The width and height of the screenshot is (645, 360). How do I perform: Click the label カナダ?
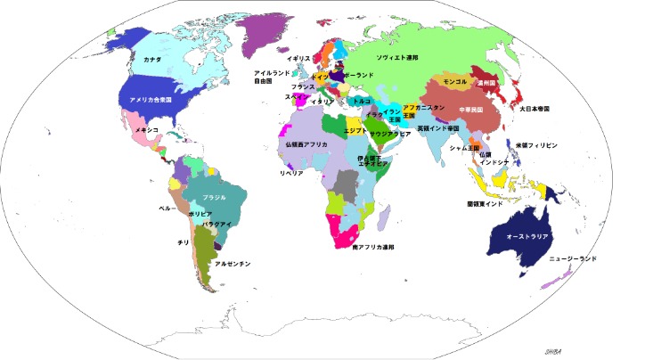click(x=151, y=59)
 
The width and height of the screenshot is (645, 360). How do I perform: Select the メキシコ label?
click(x=146, y=130)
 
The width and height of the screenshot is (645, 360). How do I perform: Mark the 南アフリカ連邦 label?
click(x=373, y=247)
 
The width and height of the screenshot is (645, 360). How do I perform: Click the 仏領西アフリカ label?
click(x=306, y=143)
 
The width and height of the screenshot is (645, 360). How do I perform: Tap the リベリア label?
click(x=292, y=174)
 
